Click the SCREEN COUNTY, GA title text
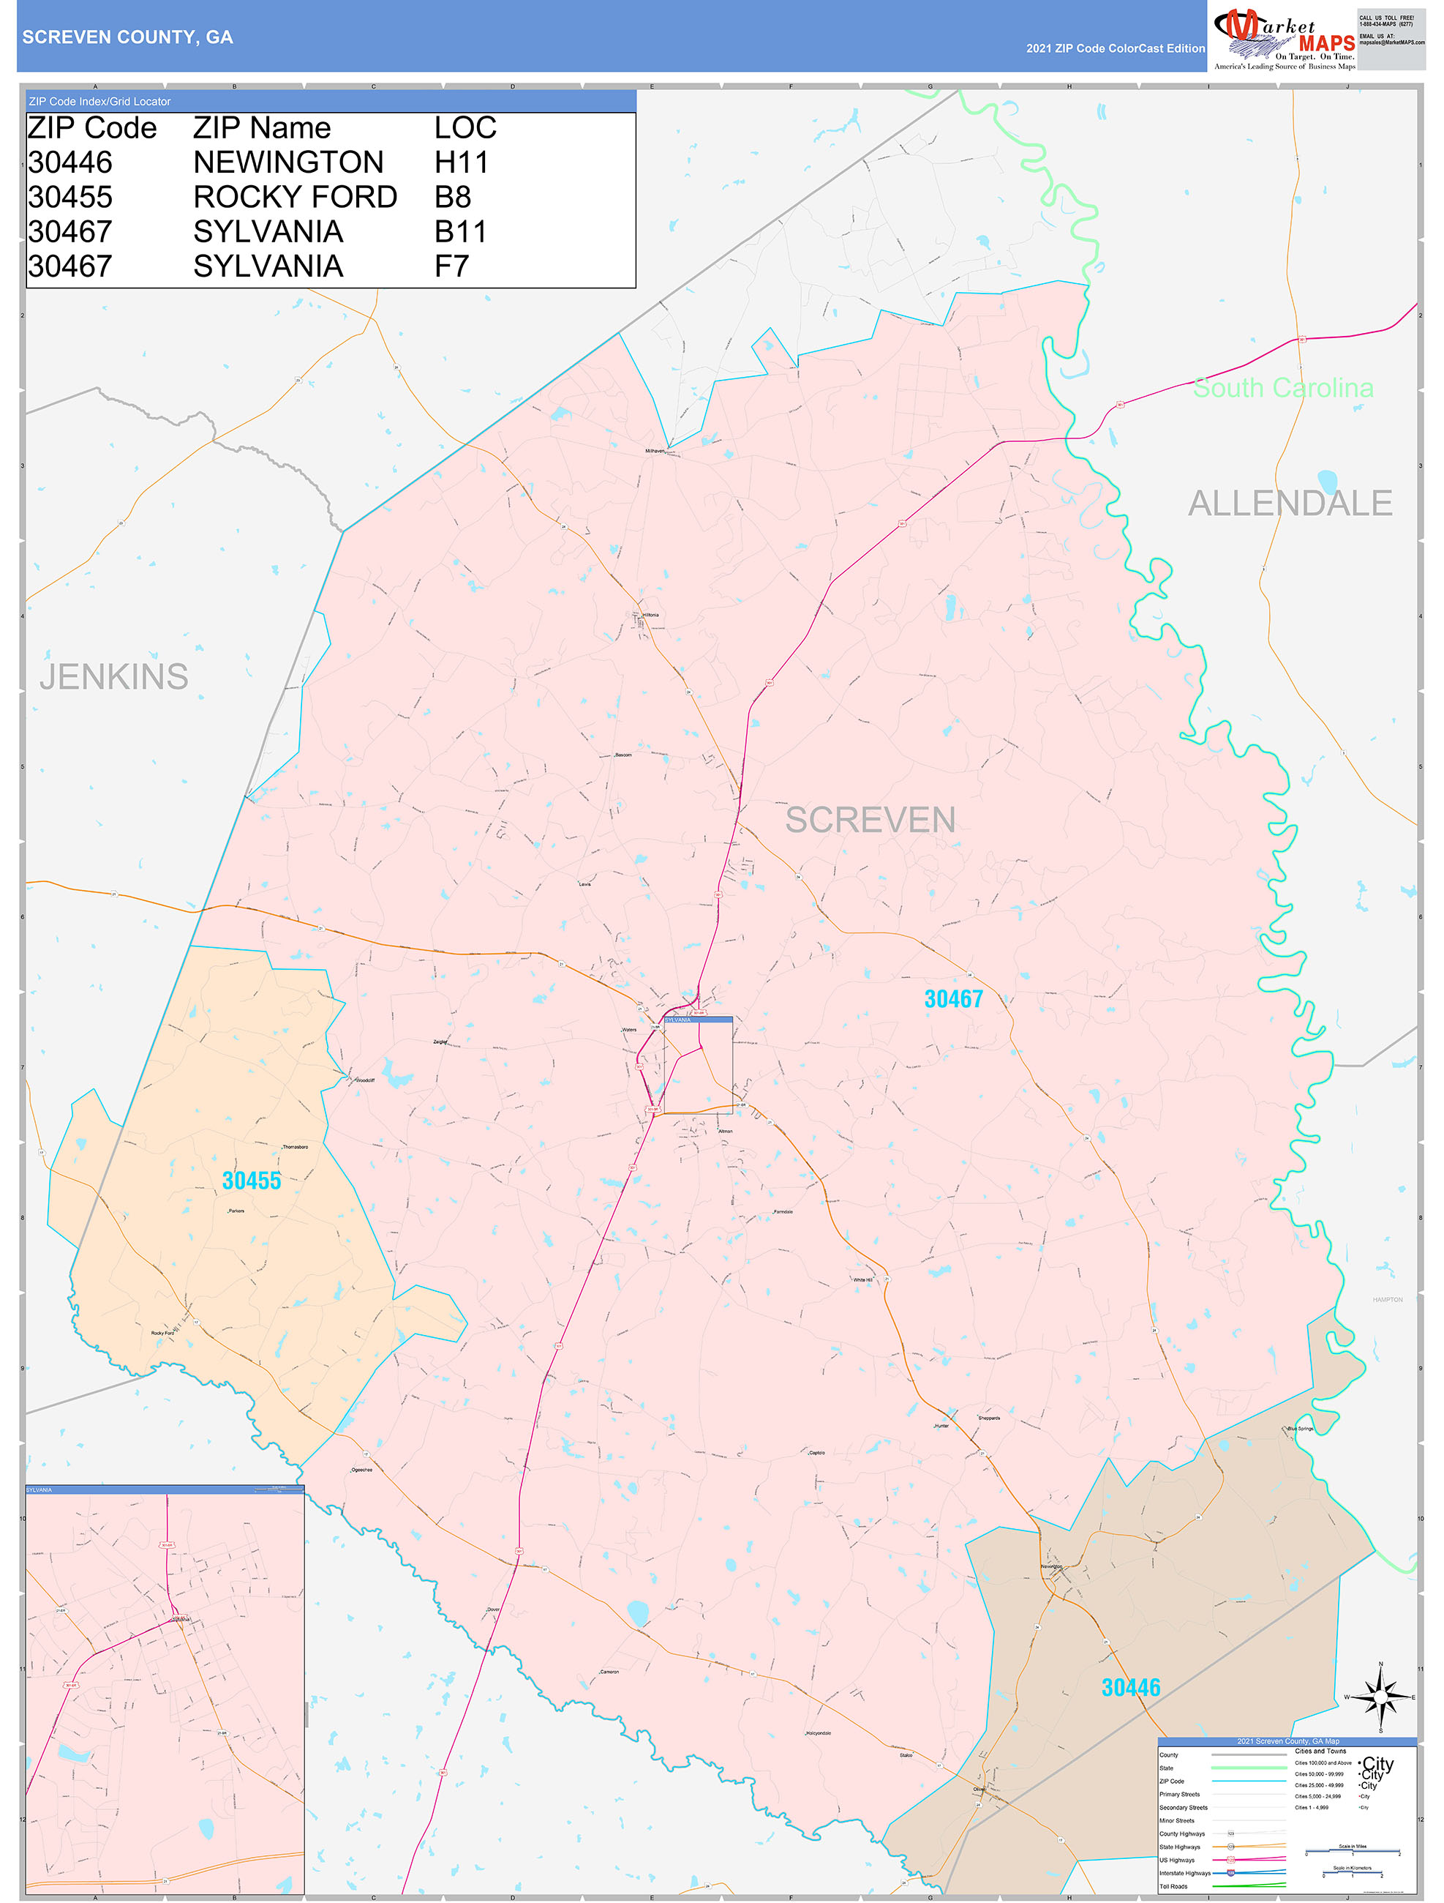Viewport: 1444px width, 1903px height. click(127, 37)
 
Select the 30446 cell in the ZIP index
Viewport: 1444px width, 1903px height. click(70, 162)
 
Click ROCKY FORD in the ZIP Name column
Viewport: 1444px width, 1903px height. click(295, 197)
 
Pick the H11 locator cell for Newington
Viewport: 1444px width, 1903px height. click(461, 162)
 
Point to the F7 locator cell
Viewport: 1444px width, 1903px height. click(451, 266)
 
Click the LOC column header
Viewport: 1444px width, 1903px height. click(465, 128)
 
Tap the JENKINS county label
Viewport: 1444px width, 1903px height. click(113, 676)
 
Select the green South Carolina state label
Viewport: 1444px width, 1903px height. click(1282, 388)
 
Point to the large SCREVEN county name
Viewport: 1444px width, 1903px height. click(870, 820)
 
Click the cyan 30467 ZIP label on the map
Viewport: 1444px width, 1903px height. click(953, 999)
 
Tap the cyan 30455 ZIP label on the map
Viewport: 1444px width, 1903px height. click(251, 1181)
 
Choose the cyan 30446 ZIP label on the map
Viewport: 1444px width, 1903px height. click(1130, 1688)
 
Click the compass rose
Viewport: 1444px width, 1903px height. click(1380, 1697)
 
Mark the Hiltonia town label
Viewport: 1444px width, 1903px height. click(651, 615)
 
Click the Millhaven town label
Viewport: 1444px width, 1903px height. click(655, 451)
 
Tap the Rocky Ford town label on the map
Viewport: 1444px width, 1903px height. click(162, 1333)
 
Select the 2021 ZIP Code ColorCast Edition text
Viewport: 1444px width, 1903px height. click(1115, 49)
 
